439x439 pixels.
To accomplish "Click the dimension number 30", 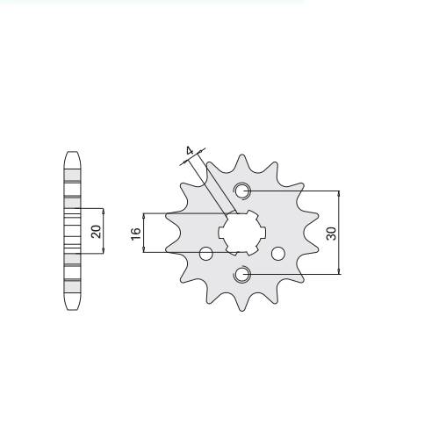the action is pos(333,234).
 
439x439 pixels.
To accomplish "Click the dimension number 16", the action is pos(136,234).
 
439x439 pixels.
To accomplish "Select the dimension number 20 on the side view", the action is pos(97,231).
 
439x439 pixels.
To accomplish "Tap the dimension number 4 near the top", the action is pos(190,151).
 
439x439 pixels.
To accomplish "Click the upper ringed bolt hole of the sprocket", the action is pos(241,191).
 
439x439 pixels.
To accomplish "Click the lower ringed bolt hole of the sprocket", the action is pos(241,275).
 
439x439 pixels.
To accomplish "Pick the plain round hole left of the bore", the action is pos(206,254).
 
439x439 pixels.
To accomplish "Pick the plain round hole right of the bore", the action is pos(278,254).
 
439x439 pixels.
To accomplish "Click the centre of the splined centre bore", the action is pos(242,233).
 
